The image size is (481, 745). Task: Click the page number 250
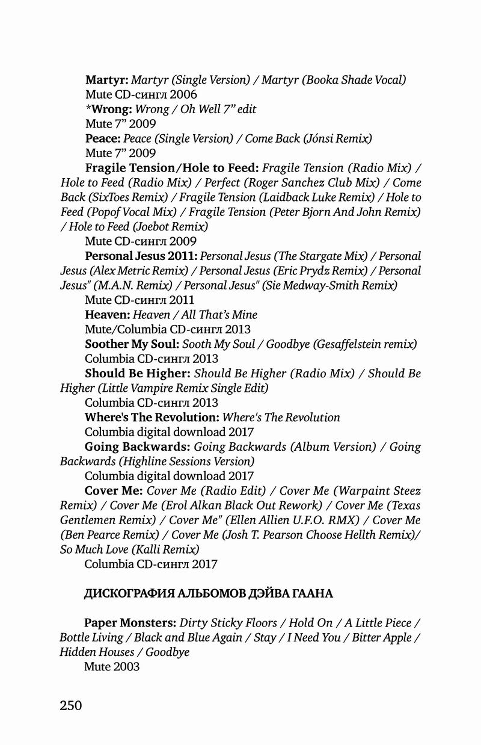click(x=71, y=705)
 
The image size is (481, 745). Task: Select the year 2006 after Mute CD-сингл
click(x=183, y=94)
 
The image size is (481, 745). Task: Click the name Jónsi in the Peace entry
click(x=321, y=138)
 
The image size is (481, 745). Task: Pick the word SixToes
click(x=106, y=197)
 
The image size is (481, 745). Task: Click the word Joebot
click(x=152, y=226)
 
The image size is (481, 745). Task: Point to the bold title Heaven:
click(x=107, y=315)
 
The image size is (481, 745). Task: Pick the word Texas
click(x=402, y=505)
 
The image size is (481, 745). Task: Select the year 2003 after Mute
click(x=126, y=667)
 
